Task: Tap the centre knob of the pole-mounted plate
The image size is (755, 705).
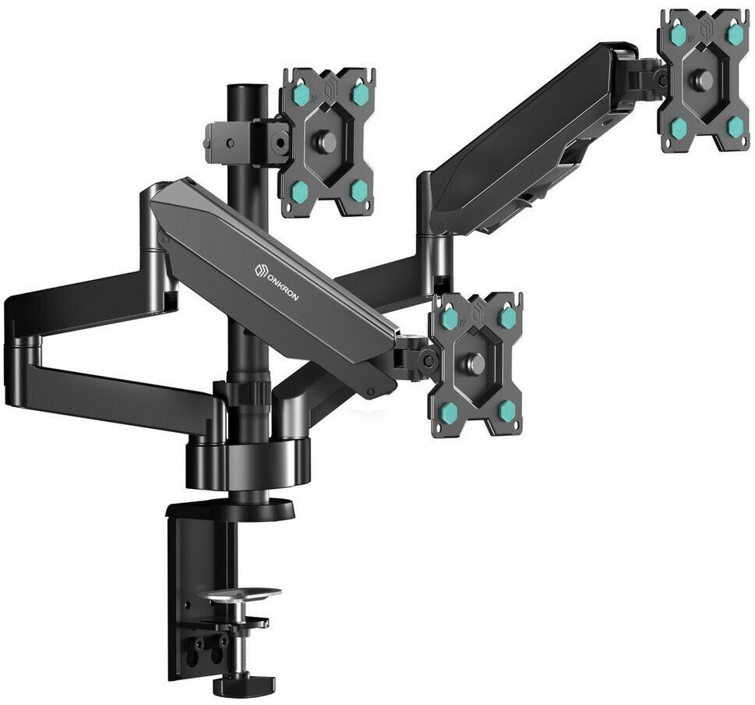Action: [x=326, y=141]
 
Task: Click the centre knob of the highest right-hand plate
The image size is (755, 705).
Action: [x=704, y=80]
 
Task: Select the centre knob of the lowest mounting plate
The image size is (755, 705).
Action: [x=475, y=363]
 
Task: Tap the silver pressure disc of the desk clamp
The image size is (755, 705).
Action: [x=239, y=594]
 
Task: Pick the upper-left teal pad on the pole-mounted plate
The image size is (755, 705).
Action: [x=302, y=94]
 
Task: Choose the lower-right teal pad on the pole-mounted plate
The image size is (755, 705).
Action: [x=358, y=190]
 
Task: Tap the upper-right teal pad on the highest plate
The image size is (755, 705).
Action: [x=735, y=34]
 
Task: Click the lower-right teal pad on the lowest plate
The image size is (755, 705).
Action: [x=507, y=410]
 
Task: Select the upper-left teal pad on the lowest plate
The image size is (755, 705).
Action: [x=450, y=317]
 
